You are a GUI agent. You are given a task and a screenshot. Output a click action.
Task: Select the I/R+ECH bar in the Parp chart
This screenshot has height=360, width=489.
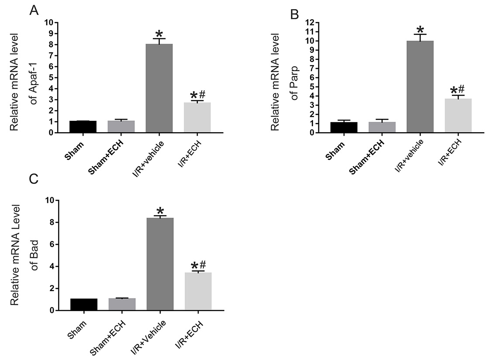pos(458,116)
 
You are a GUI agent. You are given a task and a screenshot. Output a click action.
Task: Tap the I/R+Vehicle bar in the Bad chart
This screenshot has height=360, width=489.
pos(160,264)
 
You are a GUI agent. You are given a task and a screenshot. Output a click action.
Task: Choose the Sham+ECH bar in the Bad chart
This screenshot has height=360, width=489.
pos(122,304)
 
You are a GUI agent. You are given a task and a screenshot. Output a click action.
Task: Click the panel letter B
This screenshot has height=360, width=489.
pos(295,15)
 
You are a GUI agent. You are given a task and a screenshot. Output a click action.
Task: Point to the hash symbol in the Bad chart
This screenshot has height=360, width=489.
pos(203,264)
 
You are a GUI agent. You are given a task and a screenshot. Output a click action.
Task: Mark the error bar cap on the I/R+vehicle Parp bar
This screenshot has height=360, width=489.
pos(420,34)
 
